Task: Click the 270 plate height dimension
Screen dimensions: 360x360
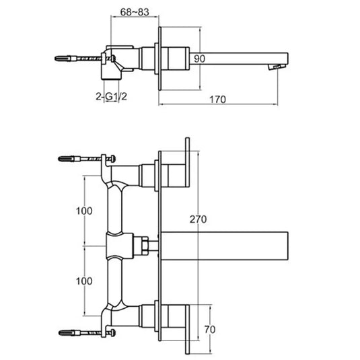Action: pos(198,219)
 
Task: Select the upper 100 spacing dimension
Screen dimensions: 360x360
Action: pos(84,211)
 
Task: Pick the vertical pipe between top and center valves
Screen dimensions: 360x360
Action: pos(116,209)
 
